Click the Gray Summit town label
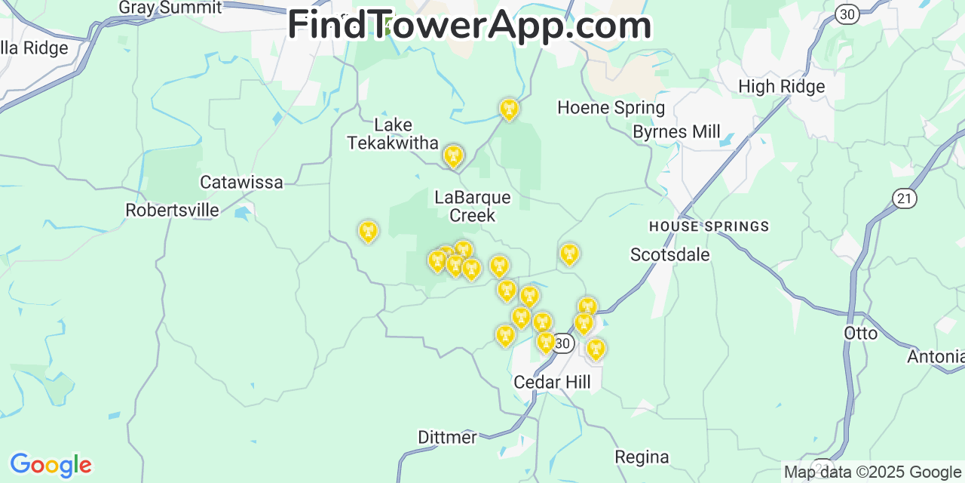pos(170,8)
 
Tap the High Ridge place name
pos(781,87)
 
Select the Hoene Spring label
pos(611,108)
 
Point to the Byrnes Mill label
pos(676,132)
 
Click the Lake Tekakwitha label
pos(393,134)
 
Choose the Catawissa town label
pos(241,182)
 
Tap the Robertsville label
pos(172,211)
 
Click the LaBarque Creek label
pos(473,207)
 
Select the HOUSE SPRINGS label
pos(709,226)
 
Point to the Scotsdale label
pos(669,255)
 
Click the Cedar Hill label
pos(552,383)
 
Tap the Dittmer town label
pos(447,438)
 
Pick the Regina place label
pos(642,457)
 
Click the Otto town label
pos(860,334)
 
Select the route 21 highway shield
pos(904,198)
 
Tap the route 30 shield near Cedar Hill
pos(562,343)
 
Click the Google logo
pos(51,465)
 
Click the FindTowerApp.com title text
pos(469,25)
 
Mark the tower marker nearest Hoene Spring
pos(509,110)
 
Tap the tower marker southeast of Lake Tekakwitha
pos(452,156)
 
